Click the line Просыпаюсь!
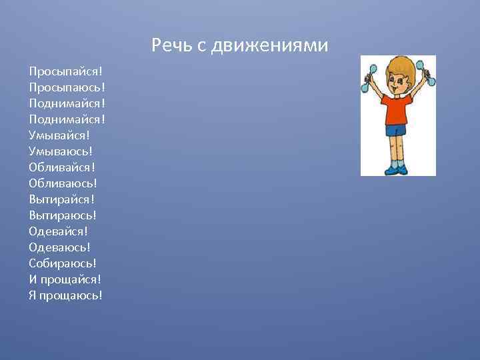tap(67, 87)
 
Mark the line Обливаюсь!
tap(63, 183)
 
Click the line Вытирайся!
tap(62, 199)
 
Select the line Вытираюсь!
tap(63, 215)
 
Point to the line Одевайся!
tap(59, 231)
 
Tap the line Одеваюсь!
tap(59, 247)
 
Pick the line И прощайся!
tap(65, 279)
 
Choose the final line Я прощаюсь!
tap(65, 295)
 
